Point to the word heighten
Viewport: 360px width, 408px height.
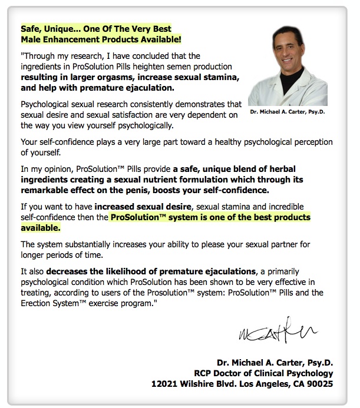pos(150,67)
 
